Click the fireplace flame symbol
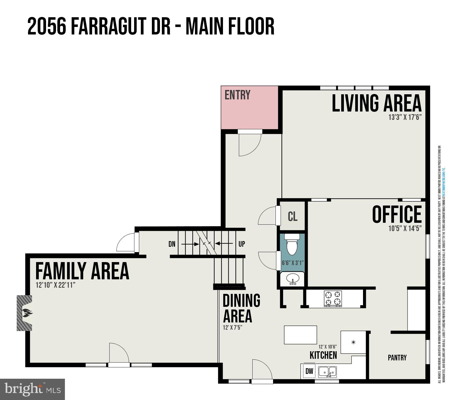(x=27, y=313)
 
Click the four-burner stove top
(x=333, y=298)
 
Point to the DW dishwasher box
(x=309, y=371)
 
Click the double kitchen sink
(x=327, y=372)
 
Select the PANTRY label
(x=397, y=358)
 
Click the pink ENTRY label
(x=237, y=95)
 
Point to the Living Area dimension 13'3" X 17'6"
(x=404, y=117)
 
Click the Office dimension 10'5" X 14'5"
(x=404, y=229)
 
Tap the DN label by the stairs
(x=172, y=244)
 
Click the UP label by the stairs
(x=242, y=244)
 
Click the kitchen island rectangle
(x=300, y=335)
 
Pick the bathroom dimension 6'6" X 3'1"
(x=292, y=263)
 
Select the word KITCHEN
(x=323, y=355)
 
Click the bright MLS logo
(x=32, y=389)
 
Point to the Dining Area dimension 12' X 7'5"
(x=233, y=328)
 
